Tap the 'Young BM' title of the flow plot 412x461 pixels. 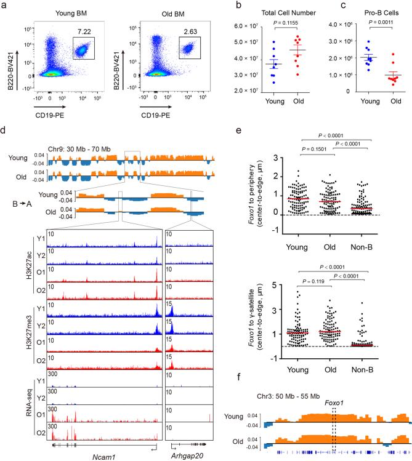click(73, 9)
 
